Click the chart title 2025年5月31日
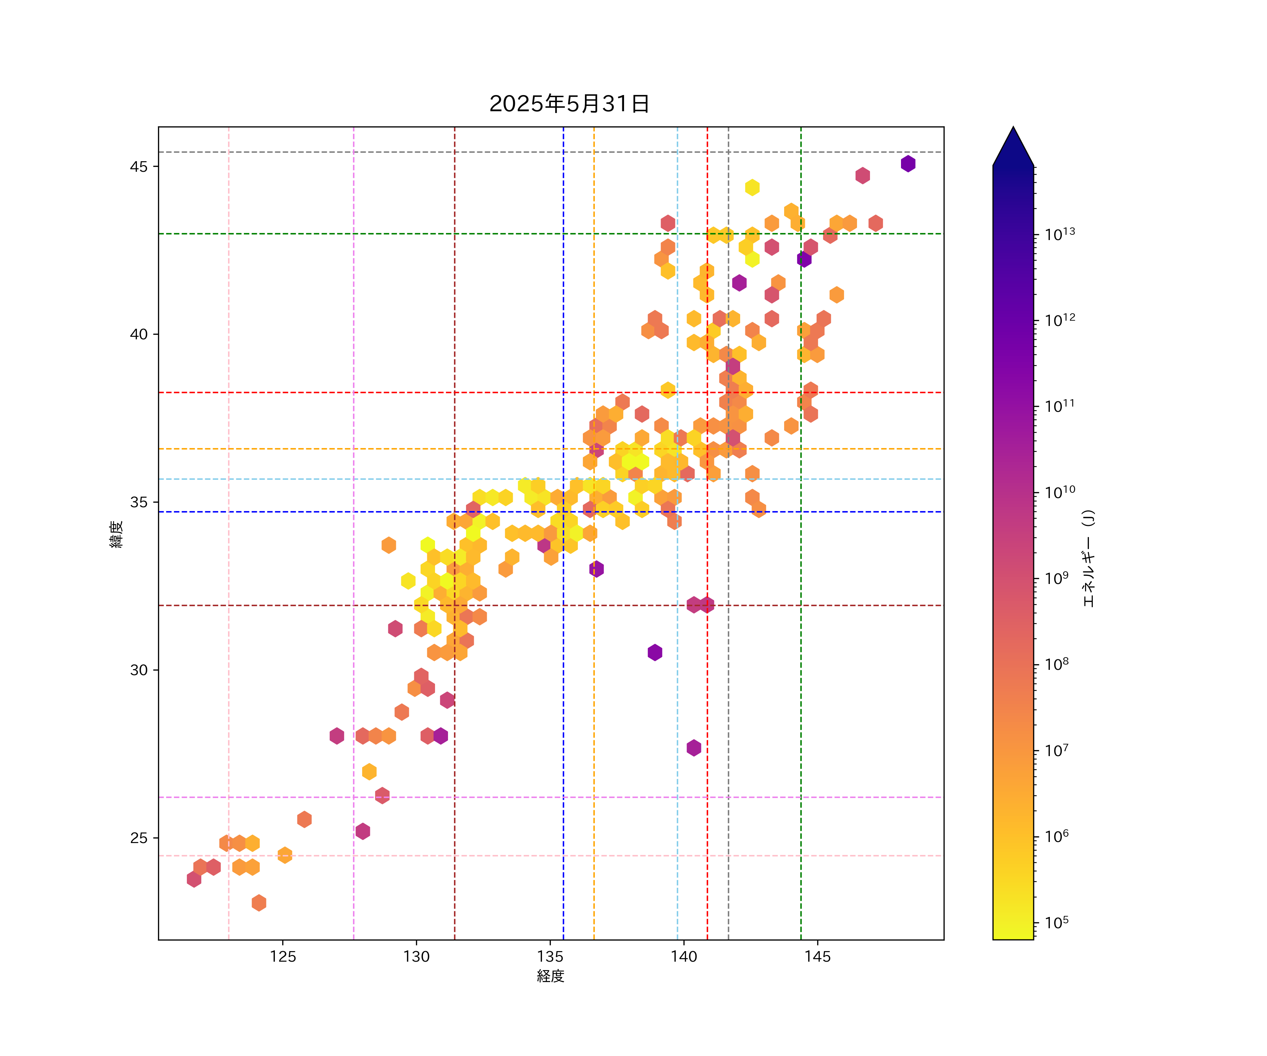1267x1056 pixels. (x=569, y=104)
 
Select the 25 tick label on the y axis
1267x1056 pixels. (x=138, y=838)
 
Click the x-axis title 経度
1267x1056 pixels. (x=550, y=976)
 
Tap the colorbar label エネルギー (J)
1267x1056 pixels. (x=1089, y=558)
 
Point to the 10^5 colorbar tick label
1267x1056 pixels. (x=1057, y=923)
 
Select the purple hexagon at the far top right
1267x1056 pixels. (x=908, y=164)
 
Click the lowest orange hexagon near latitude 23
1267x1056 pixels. (x=259, y=903)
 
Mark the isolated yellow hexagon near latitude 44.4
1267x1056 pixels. (x=752, y=188)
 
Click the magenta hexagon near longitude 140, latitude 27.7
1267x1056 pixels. (x=694, y=748)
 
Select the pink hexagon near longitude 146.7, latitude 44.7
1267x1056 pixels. (x=862, y=176)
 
